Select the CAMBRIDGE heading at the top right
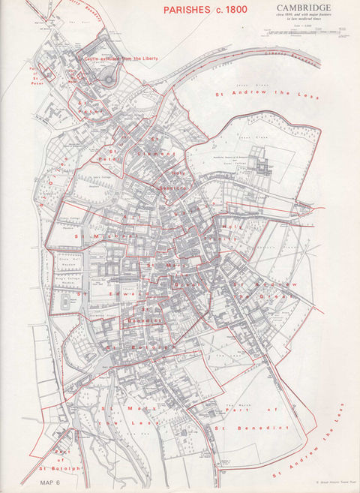pos(304,8)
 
